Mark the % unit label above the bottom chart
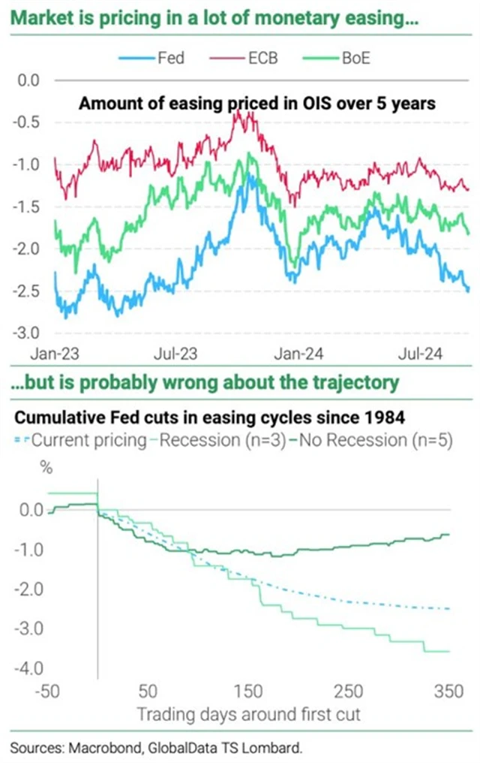coord(47,471)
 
